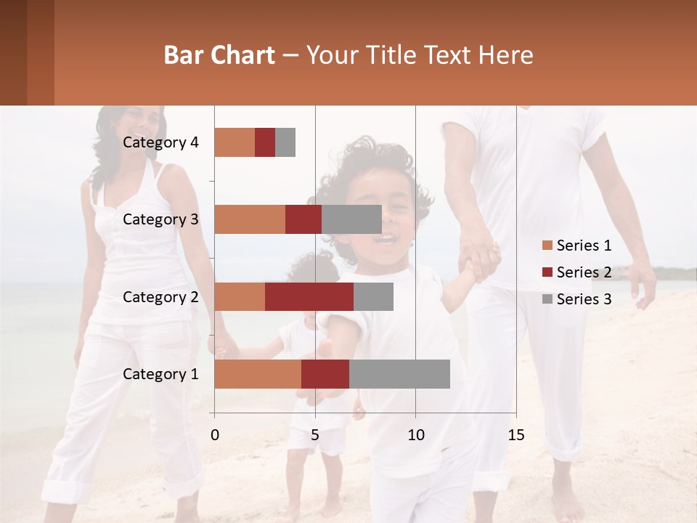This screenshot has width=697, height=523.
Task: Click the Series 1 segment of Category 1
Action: pos(258,374)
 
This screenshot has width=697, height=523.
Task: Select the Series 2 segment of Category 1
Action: pos(325,374)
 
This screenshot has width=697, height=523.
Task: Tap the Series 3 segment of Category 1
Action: pos(399,374)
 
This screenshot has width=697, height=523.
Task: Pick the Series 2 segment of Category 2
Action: pos(309,296)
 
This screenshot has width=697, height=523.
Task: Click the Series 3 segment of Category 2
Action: pos(373,296)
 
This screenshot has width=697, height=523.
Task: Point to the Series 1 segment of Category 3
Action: pos(250,219)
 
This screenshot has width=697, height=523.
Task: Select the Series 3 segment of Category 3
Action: pos(351,219)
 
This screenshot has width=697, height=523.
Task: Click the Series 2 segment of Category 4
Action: pos(265,142)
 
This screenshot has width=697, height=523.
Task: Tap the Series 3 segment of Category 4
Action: pos(285,142)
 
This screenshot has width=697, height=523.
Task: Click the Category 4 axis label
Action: pos(160,142)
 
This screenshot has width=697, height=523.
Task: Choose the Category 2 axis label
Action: pos(160,296)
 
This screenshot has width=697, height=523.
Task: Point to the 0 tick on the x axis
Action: pos(214,435)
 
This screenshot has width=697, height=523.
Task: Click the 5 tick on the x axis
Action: pos(315,435)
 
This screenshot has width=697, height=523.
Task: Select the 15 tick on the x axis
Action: pos(516,435)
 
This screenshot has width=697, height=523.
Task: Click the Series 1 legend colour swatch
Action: pos(547,246)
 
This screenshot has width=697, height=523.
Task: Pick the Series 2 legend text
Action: pos(584,272)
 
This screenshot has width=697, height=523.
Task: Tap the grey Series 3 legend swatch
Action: pos(547,299)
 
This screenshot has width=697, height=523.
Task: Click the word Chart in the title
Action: pos(242,55)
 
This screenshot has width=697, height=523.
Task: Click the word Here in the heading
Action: pos(505,55)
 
